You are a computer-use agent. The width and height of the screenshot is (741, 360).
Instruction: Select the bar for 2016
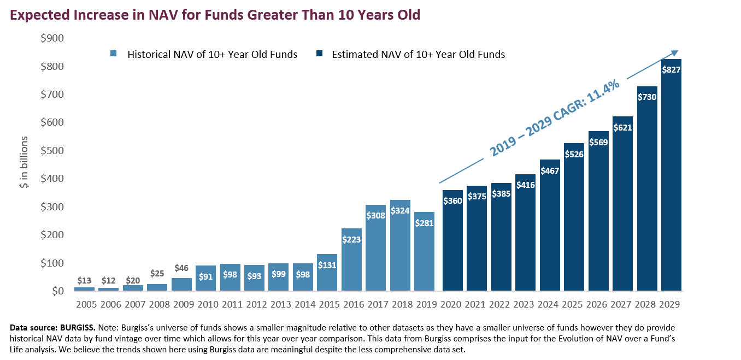[351, 262]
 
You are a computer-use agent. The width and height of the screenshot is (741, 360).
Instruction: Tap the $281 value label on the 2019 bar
[424, 223]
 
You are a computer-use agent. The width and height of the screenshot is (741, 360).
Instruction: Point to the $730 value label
[647, 97]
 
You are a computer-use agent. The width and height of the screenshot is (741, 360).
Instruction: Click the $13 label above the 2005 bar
[84, 281]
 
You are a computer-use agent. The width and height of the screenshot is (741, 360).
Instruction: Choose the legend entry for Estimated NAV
[418, 54]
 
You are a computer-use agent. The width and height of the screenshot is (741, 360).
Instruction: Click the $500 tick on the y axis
[52, 150]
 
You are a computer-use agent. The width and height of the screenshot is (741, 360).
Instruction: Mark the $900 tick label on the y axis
[52, 38]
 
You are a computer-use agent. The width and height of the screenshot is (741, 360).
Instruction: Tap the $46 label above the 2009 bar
[181, 268]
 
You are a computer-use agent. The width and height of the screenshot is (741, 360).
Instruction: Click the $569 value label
[598, 142]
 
